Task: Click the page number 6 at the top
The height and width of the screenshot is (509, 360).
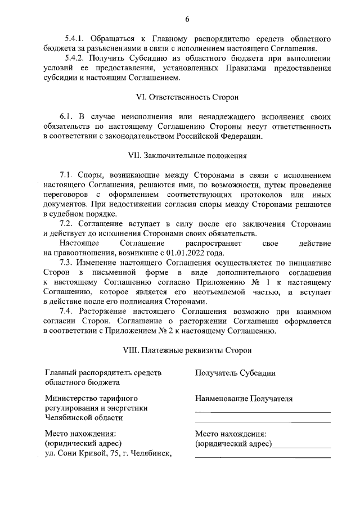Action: pos(187,20)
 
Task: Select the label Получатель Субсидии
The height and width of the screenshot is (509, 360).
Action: pos(235,372)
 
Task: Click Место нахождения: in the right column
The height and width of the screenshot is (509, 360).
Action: pos(230,434)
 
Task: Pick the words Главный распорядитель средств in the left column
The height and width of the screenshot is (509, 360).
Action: pos(102,372)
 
